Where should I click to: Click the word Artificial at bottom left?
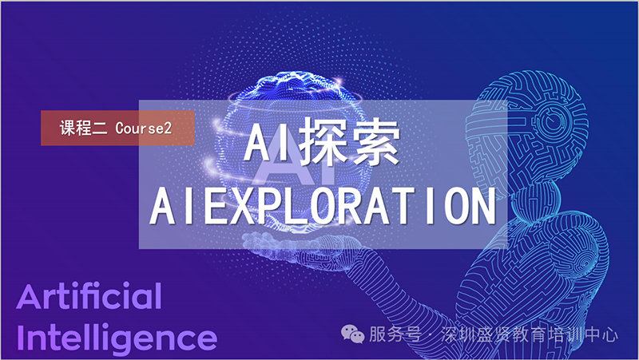coord(89,296)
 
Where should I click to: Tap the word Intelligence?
coord(117,338)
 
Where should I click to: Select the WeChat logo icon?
coord(352,334)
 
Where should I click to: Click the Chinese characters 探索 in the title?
coord(349,142)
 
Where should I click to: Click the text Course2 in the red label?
coord(144,129)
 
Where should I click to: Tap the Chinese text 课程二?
coord(83,129)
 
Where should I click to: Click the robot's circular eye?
coord(553,121)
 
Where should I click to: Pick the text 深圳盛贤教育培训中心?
coord(529,335)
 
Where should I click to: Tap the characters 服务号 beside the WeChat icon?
coord(395,334)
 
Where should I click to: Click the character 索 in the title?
coord(375,142)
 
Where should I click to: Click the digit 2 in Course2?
coord(168,129)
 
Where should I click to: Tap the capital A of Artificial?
coord(29,296)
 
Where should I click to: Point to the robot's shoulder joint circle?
coord(584,261)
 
